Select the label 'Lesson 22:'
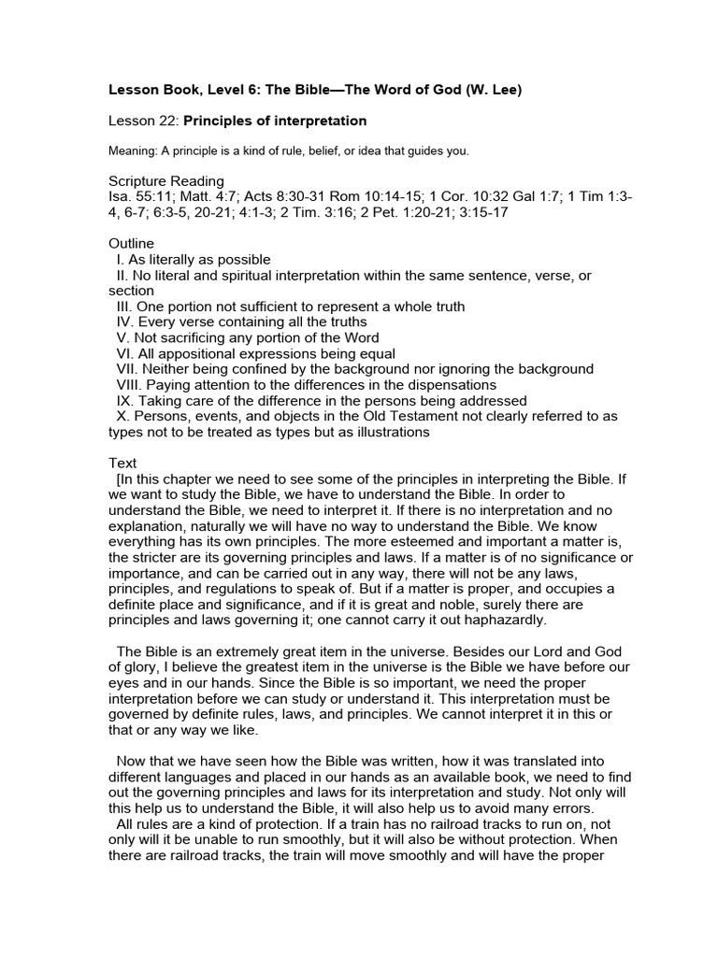point(143,121)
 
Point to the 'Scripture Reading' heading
point(166,181)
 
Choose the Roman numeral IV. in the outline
point(125,322)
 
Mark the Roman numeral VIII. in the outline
point(131,384)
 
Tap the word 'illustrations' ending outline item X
point(380,432)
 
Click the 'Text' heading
point(122,463)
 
